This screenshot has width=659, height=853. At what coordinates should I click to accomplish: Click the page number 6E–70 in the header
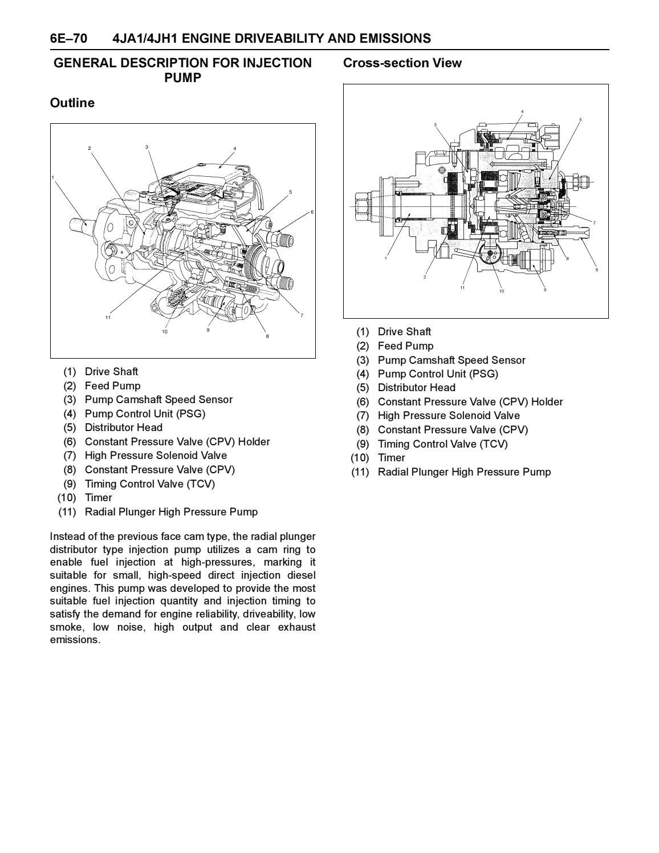[68, 39]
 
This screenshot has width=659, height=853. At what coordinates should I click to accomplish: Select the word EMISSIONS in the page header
[394, 39]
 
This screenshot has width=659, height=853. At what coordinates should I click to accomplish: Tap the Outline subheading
[72, 103]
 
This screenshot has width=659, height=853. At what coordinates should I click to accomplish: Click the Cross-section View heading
[402, 63]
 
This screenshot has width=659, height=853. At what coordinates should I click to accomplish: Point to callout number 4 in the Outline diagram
[234, 149]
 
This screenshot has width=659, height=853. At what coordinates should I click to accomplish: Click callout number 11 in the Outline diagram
[108, 318]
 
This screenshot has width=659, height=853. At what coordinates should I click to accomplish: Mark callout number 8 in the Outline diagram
[267, 336]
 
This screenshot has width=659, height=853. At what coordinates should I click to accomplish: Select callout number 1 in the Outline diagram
[53, 177]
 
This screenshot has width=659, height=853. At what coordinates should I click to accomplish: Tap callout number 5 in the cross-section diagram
[580, 120]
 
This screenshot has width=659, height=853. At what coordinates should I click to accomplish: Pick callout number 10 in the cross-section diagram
[502, 291]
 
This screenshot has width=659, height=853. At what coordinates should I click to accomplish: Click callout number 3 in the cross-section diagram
[435, 124]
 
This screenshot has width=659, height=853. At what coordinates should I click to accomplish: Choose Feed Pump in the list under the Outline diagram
[112, 386]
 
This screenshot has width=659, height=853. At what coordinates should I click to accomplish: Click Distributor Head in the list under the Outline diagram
[123, 428]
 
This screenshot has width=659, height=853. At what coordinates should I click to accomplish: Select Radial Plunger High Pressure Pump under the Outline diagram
[171, 512]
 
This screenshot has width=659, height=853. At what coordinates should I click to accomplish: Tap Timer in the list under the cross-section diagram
[391, 458]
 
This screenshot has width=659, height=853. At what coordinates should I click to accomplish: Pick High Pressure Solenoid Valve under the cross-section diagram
[449, 416]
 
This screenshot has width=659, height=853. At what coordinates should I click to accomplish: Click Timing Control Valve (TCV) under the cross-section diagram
[442, 444]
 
